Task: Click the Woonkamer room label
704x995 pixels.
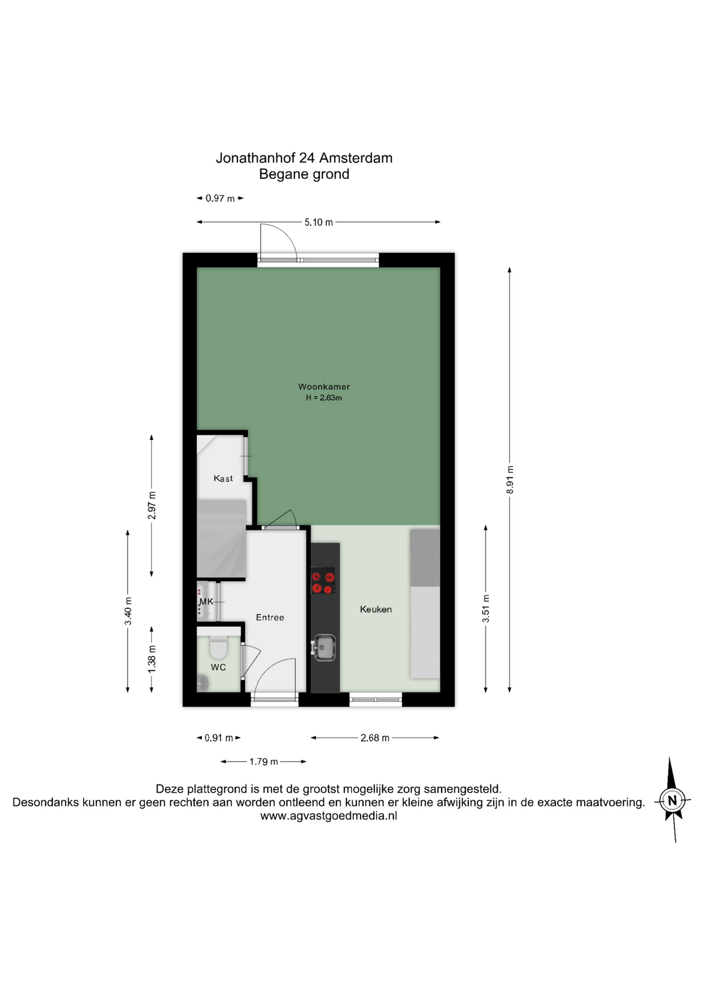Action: (323, 387)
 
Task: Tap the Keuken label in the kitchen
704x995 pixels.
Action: (376, 609)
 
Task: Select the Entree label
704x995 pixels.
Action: (270, 617)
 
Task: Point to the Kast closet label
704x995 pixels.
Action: (223, 478)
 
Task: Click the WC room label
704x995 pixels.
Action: (218, 667)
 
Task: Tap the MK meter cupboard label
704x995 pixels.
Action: (206, 602)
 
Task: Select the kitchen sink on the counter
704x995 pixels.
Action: (324, 647)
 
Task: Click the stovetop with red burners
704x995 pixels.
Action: (323, 580)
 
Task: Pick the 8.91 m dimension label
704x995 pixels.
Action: (510, 480)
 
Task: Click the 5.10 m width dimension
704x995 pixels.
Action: (318, 222)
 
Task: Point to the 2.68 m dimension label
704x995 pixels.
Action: (375, 737)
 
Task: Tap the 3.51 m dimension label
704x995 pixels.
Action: (486, 609)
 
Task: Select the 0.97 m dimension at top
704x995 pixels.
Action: (220, 198)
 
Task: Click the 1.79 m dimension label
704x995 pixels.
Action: (263, 761)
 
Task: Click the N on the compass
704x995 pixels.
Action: (672, 801)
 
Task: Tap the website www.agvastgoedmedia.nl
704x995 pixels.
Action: (329, 816)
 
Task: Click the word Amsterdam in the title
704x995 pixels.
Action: (356, 158)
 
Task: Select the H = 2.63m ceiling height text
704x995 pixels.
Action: (323, 398)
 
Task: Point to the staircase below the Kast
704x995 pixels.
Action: (221, 538)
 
